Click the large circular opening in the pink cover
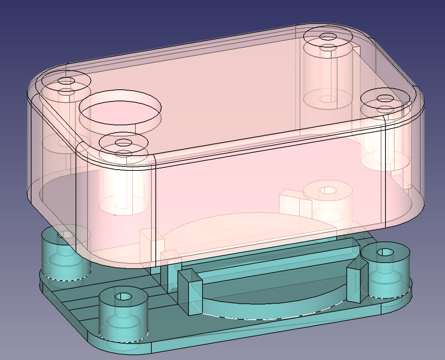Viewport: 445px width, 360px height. (120, 109)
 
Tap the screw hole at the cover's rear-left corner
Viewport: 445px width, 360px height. (66, 81)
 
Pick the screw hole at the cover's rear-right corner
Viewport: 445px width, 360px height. (328, 37)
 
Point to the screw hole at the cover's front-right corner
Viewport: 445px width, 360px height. (385, 98)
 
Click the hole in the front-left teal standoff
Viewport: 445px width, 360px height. (123, 297)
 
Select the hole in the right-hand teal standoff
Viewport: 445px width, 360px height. (385, 252)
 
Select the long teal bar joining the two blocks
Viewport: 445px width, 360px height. (276, 263)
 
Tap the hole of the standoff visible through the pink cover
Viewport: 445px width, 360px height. (328, 190)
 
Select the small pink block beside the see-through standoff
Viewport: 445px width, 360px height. (290, 202)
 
